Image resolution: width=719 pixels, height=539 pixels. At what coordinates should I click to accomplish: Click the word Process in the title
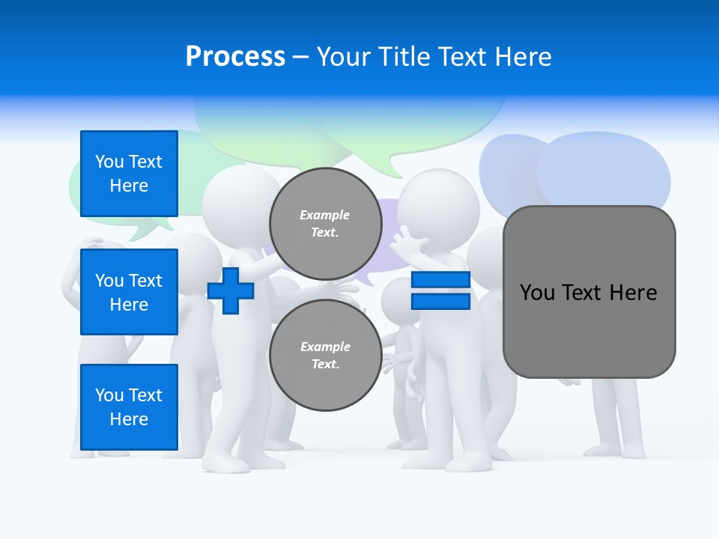(235, 57)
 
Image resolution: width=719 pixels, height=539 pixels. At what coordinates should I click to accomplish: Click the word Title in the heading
(404, 57)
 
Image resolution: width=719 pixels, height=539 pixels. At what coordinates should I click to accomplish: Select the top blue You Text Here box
(129, 174)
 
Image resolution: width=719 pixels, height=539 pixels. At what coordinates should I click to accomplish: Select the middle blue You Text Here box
(129, 292)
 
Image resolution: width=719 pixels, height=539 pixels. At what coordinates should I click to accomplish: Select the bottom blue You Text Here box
(129, 407)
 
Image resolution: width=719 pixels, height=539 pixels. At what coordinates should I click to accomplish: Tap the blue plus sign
(231, 291)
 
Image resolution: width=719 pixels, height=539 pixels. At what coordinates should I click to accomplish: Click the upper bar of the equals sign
(440, 280)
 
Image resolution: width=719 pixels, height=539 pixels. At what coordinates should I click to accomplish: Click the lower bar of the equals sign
(440, 302)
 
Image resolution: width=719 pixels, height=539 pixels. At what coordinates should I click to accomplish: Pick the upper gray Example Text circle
(325, 224)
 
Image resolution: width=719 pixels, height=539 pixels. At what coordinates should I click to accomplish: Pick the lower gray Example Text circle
(325, 356)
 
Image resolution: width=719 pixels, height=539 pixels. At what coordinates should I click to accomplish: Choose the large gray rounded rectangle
(589, 329)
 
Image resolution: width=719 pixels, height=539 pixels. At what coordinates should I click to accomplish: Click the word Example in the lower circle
(325, 347)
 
